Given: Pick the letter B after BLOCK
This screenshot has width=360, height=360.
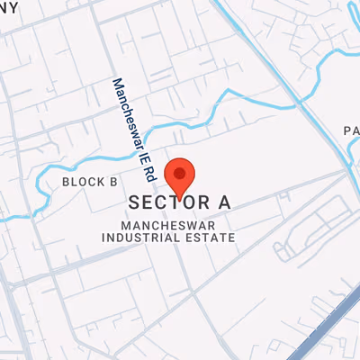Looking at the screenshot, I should tap(113, 182).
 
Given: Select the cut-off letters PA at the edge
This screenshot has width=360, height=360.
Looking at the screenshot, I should tap(352, 131).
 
